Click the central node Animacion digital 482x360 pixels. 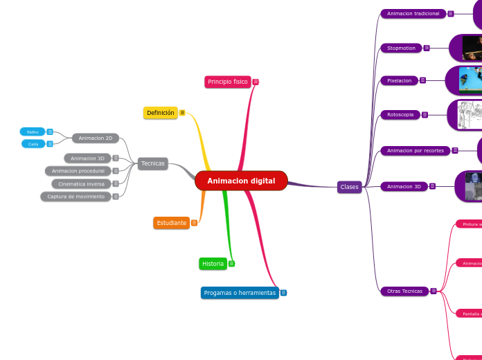241,181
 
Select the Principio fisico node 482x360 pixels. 227,82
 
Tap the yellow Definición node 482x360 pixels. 161,113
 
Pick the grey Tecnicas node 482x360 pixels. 152,163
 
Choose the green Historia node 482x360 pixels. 213,264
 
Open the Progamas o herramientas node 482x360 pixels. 240,293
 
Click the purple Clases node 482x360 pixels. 349,187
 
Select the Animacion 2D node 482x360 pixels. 96,138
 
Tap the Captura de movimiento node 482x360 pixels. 76,197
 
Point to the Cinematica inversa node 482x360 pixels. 81,184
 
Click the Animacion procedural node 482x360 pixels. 78,171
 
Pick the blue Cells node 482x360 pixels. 33,144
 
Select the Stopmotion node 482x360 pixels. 401,48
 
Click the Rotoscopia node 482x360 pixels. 400,114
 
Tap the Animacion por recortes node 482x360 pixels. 415,150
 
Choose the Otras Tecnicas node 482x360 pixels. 404,291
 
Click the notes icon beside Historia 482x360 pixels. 231,264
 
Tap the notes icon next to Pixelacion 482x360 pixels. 422,80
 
